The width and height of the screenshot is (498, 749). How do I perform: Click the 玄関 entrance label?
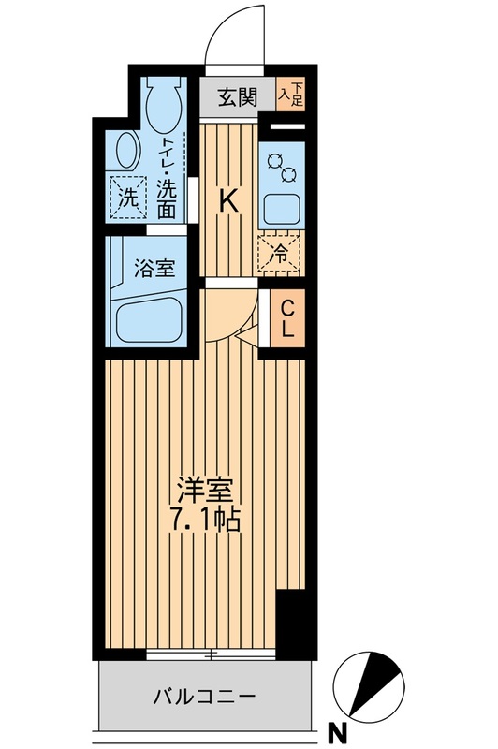pyautogui.click(x=239, y=97)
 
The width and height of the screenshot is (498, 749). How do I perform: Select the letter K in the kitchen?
pyautogui.click(x=227, y=199)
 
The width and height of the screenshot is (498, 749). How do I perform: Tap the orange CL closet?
pyautogui.click(x=286, y=318)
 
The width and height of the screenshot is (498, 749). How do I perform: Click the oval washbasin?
pyautogui.click(x=125, y=150)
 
